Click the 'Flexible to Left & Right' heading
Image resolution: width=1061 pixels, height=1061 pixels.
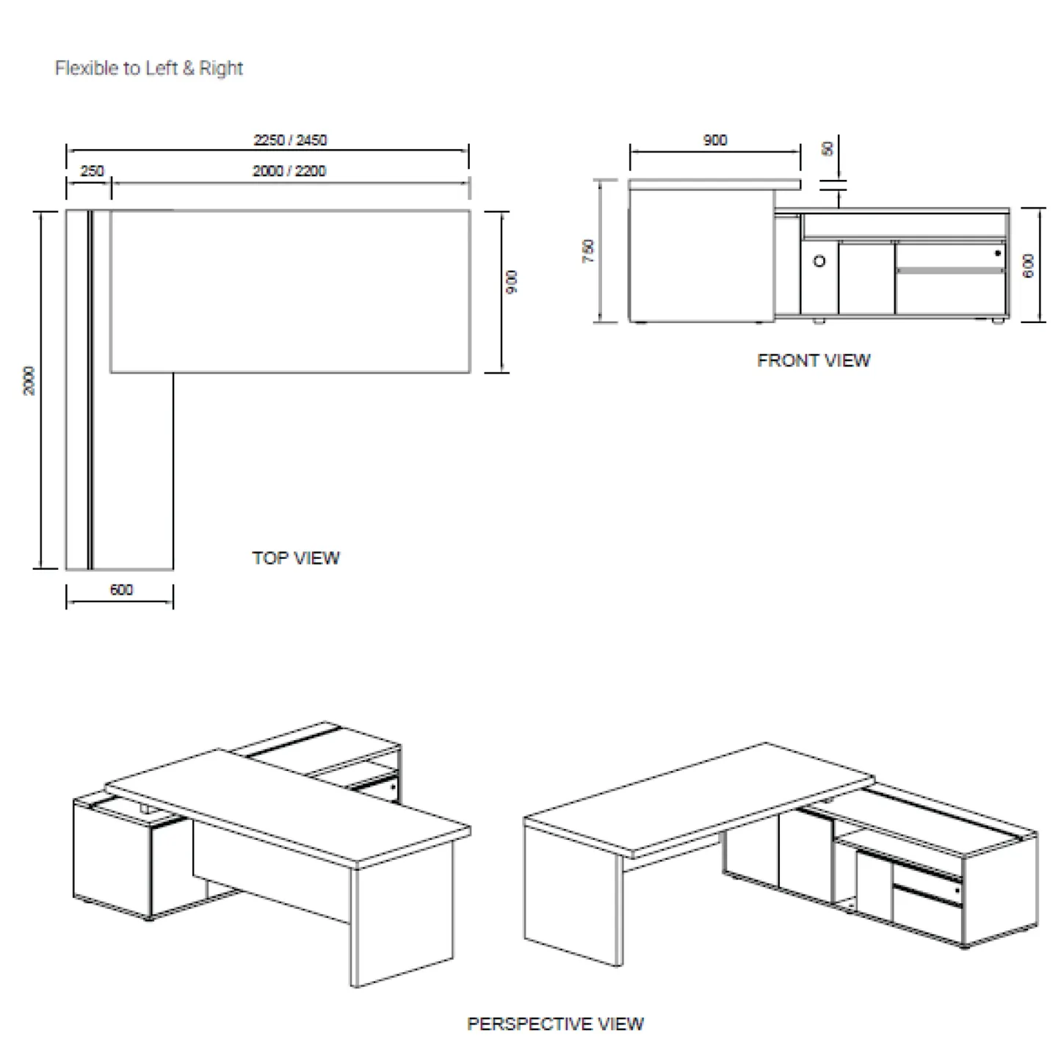tap(149, 68)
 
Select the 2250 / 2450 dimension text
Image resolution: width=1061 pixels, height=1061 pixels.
tap(290, 140)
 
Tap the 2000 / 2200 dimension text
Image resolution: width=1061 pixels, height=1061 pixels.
tap(289, 171)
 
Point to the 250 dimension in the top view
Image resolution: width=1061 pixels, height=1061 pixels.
tap(92, 171)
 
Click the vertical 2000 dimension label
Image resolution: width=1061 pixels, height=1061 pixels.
tap(29, 380)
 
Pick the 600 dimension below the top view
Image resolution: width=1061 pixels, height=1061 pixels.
tap(121, 590)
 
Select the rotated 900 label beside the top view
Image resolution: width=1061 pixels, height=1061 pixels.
tap(513, 281)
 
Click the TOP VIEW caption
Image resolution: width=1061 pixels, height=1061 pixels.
tap(296, 558)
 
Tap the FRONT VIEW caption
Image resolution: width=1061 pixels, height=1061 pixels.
tap(814, 361)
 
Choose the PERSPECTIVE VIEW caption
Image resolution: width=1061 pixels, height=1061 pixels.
tap(555, 1024)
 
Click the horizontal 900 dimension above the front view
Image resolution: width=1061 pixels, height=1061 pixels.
tap(714, 140)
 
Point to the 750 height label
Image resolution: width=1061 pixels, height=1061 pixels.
tap(588, 251)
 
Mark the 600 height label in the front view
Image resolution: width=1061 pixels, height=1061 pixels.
tap(1029, 265)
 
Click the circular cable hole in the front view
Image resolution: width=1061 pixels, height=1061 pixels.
tap(819, 261)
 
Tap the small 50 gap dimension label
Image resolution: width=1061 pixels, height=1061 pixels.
tap(828, 149)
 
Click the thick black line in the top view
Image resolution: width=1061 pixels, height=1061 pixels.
tap(90, 389)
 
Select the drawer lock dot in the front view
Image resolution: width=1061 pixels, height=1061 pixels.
tap(997, 253)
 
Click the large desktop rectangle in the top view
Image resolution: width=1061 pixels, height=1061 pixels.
tap(290, 291)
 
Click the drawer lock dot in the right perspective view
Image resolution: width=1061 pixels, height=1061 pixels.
tap(957, 891)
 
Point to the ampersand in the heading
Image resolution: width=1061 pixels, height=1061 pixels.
tap(189, 68)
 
